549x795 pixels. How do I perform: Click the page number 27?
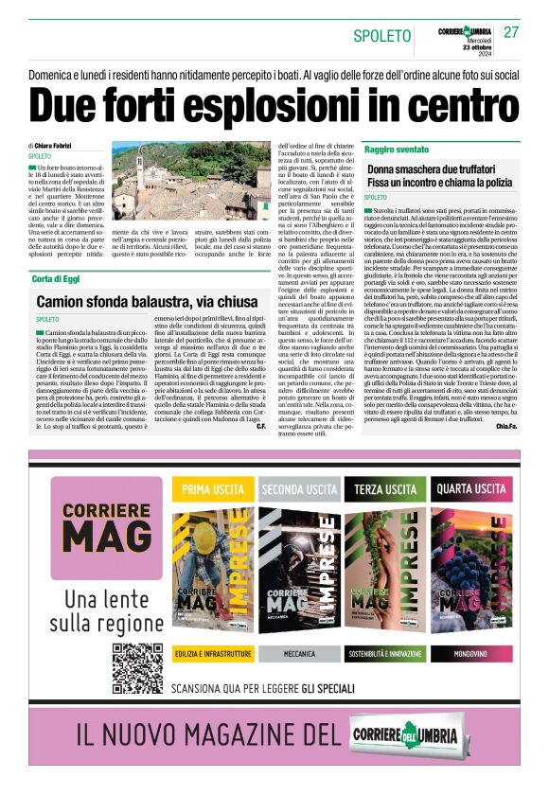pos(511,33)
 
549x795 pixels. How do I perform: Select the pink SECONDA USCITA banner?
pos(299,489)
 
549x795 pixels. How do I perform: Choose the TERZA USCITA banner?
pos(385,489)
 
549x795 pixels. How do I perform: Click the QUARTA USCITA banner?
pos(471,489)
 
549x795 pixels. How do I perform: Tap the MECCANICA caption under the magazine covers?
pos(299,654)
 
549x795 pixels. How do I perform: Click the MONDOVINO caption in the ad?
pos(470,654)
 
